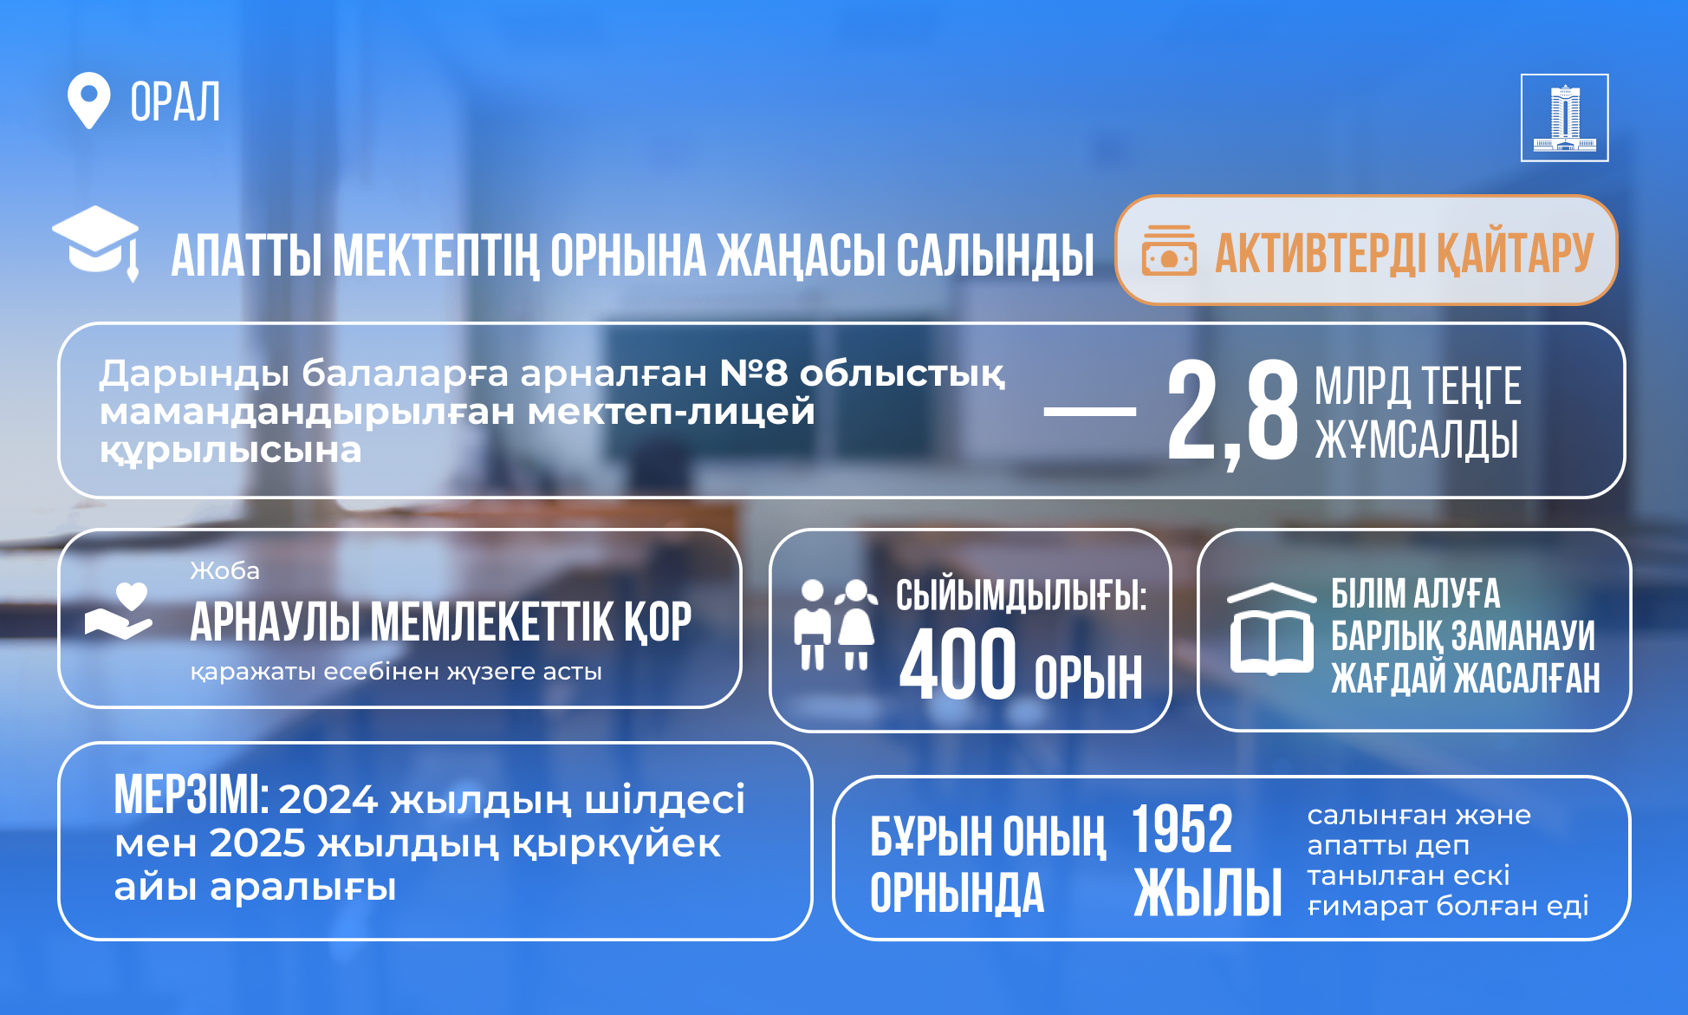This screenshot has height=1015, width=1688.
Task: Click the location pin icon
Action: pos(88,100)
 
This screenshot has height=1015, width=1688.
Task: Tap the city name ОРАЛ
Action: pos(175,102)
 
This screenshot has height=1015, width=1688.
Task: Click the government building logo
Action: pos(1564,118)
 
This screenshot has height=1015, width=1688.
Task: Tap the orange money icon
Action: pos(1169,250)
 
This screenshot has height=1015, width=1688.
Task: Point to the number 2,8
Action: pos(1232,413)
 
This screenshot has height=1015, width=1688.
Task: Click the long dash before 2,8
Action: pos(1090,412)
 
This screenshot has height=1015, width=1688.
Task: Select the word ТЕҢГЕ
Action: pos(1471,386)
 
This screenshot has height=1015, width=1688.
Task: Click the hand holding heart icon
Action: pos(119,611)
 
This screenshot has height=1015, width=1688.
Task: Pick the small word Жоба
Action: pos(224,570)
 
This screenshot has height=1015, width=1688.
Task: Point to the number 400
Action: pos(958,664)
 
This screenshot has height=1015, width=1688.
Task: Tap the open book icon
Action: pos(1271,628)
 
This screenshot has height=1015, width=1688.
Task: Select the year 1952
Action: pos(1182,829)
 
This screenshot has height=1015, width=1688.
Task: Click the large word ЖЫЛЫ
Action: pos(1208,892)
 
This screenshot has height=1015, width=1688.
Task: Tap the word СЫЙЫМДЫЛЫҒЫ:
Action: pos(1021,595)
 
